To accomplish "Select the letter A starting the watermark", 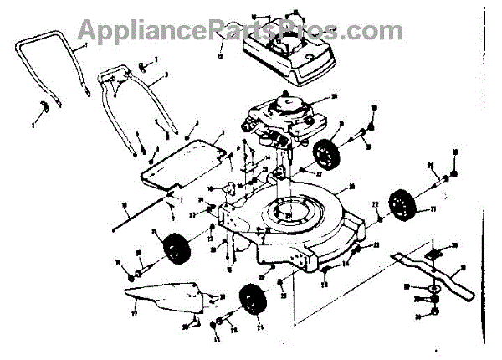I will click(87, 30).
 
